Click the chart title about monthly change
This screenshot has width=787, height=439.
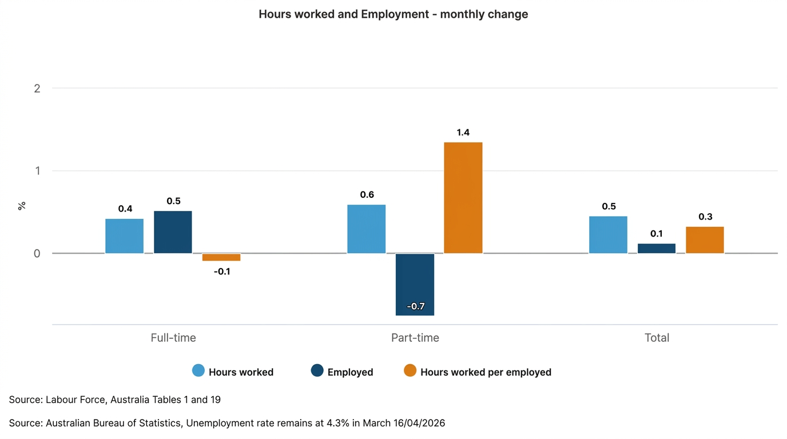pos(393,14)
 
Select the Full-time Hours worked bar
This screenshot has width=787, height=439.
pos(124,236)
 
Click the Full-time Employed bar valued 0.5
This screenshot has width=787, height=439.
pos(173,232)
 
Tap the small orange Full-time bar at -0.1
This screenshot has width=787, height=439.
pos(221,257)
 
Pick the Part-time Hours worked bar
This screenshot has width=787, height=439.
pos(366,229)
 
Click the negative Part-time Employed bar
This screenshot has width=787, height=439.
pos(415,284)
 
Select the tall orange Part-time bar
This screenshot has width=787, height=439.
pos(463,198)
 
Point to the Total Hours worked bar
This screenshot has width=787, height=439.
pos(608,235)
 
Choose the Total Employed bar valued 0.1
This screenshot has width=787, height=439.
pos(656,249)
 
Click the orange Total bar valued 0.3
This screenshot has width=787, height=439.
pos(705,240)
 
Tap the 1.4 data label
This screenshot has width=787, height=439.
pos(463,133)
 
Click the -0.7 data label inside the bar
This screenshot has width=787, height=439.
pos(415,306)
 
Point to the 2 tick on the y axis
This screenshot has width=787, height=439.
pos(37,88)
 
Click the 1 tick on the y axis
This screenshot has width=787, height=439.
pos(37,171)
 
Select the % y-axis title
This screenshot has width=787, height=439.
pos(22,206)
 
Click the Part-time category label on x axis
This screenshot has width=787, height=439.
pos(415,338)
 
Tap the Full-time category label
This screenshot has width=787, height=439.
pos(173,338)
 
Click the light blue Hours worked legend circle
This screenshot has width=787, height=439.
pos(198,370)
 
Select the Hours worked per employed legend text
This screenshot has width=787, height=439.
pos(486,372)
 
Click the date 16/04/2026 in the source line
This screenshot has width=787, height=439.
pos(416,424)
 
